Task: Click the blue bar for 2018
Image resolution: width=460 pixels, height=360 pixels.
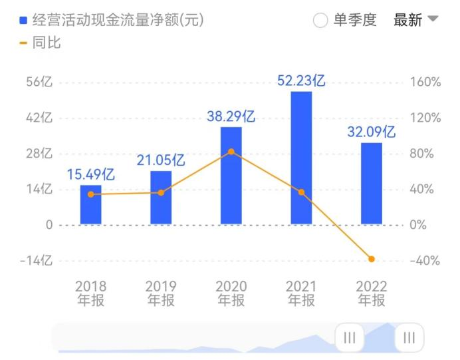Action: coord(91,204)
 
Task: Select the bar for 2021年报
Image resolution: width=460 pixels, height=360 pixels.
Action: coord(301,158)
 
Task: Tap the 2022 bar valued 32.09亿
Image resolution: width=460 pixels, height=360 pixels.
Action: coord(371,184)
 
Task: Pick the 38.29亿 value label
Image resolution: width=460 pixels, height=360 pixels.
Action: coord(231,116)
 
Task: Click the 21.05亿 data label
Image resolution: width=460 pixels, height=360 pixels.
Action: coord(161,160)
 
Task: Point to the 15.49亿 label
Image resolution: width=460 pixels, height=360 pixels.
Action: coord(91,174)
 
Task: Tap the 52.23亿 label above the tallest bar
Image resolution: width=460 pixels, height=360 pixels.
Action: coord(301,81)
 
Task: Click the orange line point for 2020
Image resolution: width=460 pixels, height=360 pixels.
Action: coord(231,152)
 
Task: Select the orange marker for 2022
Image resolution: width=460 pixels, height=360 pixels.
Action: coord(372,259)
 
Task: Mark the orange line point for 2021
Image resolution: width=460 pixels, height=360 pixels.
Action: coord(301,192)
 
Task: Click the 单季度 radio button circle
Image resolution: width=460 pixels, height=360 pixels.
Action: coord(320,21)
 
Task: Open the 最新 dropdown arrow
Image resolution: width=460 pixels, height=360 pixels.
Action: coord(432,19)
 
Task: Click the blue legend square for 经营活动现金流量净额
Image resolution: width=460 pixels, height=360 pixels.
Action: coord(24,21)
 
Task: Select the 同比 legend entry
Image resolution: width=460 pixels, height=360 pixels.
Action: coord(40,43)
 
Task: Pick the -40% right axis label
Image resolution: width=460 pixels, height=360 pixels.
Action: coord(425,261)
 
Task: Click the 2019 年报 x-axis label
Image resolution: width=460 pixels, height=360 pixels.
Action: coord(161,293)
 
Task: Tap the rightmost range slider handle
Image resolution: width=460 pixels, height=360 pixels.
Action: coord(409,338)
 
